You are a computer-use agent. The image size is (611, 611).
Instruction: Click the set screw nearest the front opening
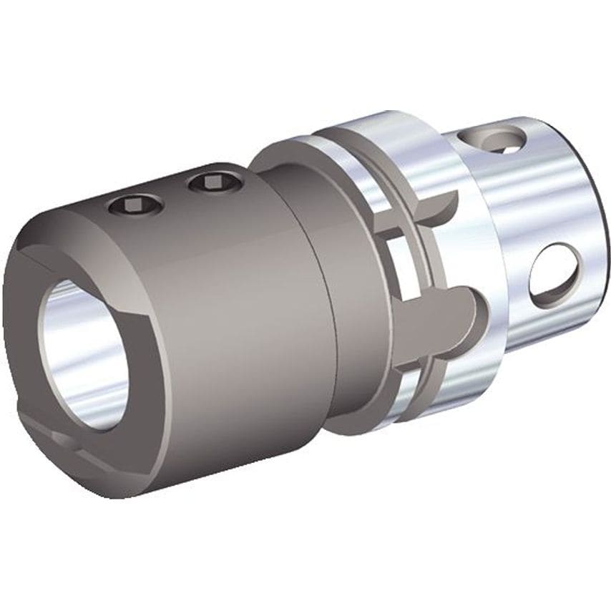137,207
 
